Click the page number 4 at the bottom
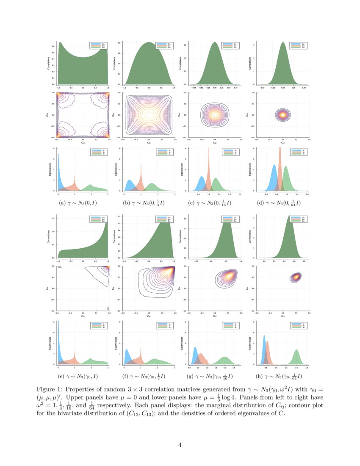pyautogui.click(x=180, y=445)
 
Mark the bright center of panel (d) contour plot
pyautogui.click(x=282, y=114)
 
